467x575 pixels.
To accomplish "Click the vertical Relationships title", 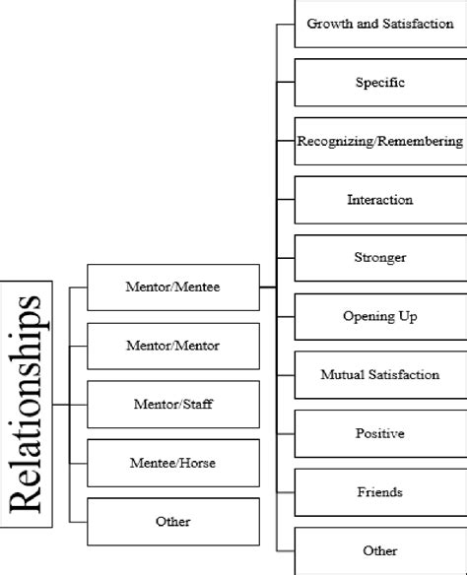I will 28,404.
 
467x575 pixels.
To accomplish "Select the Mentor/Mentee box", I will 173,287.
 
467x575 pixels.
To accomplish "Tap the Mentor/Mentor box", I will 173,346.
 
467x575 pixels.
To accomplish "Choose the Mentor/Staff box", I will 173,404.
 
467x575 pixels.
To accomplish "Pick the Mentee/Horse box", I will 173,463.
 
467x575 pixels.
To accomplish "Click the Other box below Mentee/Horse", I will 173,521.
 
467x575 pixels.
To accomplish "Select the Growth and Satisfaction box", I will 380,24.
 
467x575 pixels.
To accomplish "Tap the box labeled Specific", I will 380,83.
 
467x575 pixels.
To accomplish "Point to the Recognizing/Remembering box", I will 380,141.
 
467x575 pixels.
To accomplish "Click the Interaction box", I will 380,200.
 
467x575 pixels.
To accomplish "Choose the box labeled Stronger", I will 380,258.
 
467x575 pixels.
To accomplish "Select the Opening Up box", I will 380,316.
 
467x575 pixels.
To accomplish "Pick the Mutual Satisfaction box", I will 380,375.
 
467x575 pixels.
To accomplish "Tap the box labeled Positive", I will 380,433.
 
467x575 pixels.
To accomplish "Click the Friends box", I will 380,491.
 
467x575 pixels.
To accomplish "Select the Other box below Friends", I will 380,550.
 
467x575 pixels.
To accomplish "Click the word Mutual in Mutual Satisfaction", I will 342,375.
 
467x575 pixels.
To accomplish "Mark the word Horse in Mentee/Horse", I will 200,463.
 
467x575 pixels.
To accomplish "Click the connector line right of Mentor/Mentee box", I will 268,287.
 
